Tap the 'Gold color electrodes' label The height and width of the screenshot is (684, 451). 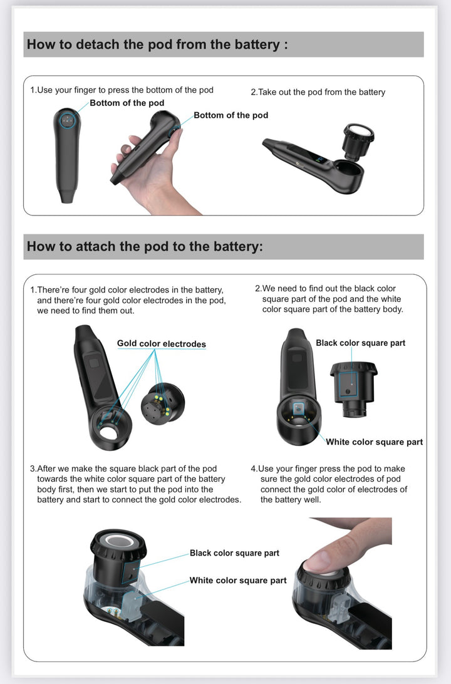(x=162, y=344)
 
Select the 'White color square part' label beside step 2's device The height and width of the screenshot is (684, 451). (x=374, y=442)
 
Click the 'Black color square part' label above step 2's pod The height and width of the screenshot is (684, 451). (x=361, y=343)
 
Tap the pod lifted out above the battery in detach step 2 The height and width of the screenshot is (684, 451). (x=358, y=141)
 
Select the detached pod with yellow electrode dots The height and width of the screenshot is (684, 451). (x=163, y=404)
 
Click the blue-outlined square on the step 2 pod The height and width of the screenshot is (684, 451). (x=348, y=385)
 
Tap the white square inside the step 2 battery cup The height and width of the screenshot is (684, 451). (x=298, y=409)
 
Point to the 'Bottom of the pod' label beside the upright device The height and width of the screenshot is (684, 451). (x=127, y=103)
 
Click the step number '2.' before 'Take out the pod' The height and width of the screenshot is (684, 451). (x=254, y=92)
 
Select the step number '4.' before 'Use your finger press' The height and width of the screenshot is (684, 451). (x=254, y=469)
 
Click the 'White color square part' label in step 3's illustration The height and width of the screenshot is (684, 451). (x=238, y=581)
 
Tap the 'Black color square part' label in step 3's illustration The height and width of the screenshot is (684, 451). (x=234, y=553)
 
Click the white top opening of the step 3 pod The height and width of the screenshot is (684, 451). (x=118, y=541)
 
